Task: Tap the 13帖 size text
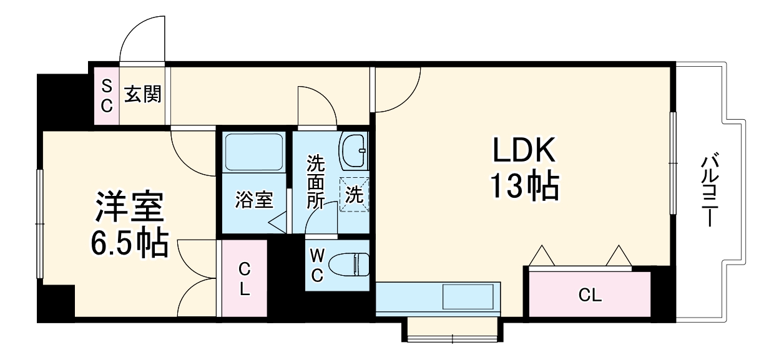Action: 524,185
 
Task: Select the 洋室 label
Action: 129,208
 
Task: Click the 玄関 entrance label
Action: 142,95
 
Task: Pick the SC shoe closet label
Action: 107,95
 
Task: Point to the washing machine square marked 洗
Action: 354,195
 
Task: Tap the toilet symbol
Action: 350,265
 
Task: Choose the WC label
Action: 317,265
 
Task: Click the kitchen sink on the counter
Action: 470,296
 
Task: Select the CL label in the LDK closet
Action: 589,295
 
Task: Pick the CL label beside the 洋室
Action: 244,279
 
